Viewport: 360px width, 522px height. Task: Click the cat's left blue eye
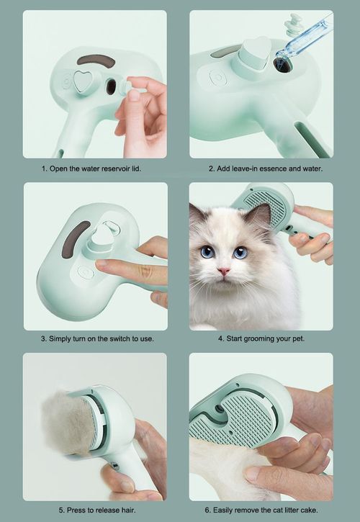tap(208, 251)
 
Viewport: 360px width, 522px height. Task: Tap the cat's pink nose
tap(224, 271)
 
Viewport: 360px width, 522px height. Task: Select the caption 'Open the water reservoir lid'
tap(94, 168)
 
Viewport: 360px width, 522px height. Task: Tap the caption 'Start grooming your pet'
tap(261, 338)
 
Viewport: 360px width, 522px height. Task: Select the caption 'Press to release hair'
tap(94, 508)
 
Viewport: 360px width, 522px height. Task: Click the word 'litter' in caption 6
tap(286, 508)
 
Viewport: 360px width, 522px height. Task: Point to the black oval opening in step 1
tap(111, 86)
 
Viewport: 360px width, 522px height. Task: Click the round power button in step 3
tap(84, 273)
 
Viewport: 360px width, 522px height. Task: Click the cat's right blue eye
tap(240, 252)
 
